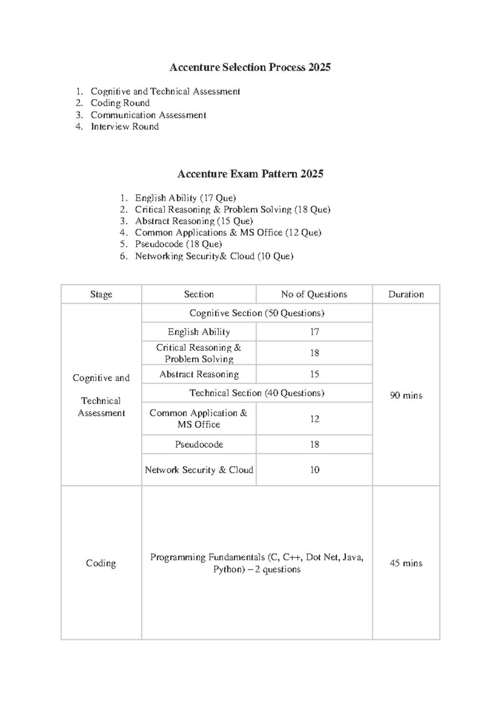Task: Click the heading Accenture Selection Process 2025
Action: coord(250,67)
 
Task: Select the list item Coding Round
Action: coord(120,103)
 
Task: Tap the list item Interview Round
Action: coord(124,126)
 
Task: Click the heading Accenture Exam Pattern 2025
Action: coord(250,174)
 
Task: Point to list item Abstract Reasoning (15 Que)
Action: coord(194,221)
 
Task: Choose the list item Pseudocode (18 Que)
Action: coord(178,244)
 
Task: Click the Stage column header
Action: coord(101,294)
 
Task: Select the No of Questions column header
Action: coord(314,294)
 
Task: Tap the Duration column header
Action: coord(406,294)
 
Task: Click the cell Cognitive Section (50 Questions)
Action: coord(257,313)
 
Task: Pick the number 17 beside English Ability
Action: coord(314,332)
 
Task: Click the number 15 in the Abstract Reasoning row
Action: coord(314,374)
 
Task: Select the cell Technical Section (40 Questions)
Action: coord(257,393)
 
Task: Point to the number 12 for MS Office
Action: coord(314,419)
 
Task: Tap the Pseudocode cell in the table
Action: coord(199,445)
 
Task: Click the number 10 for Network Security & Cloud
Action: coord(314,470)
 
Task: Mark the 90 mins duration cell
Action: coord(406,395)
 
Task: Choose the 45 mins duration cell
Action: coord(406,563)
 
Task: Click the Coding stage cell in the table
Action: coord(101,563)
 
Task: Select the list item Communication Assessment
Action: coord(148,115)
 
